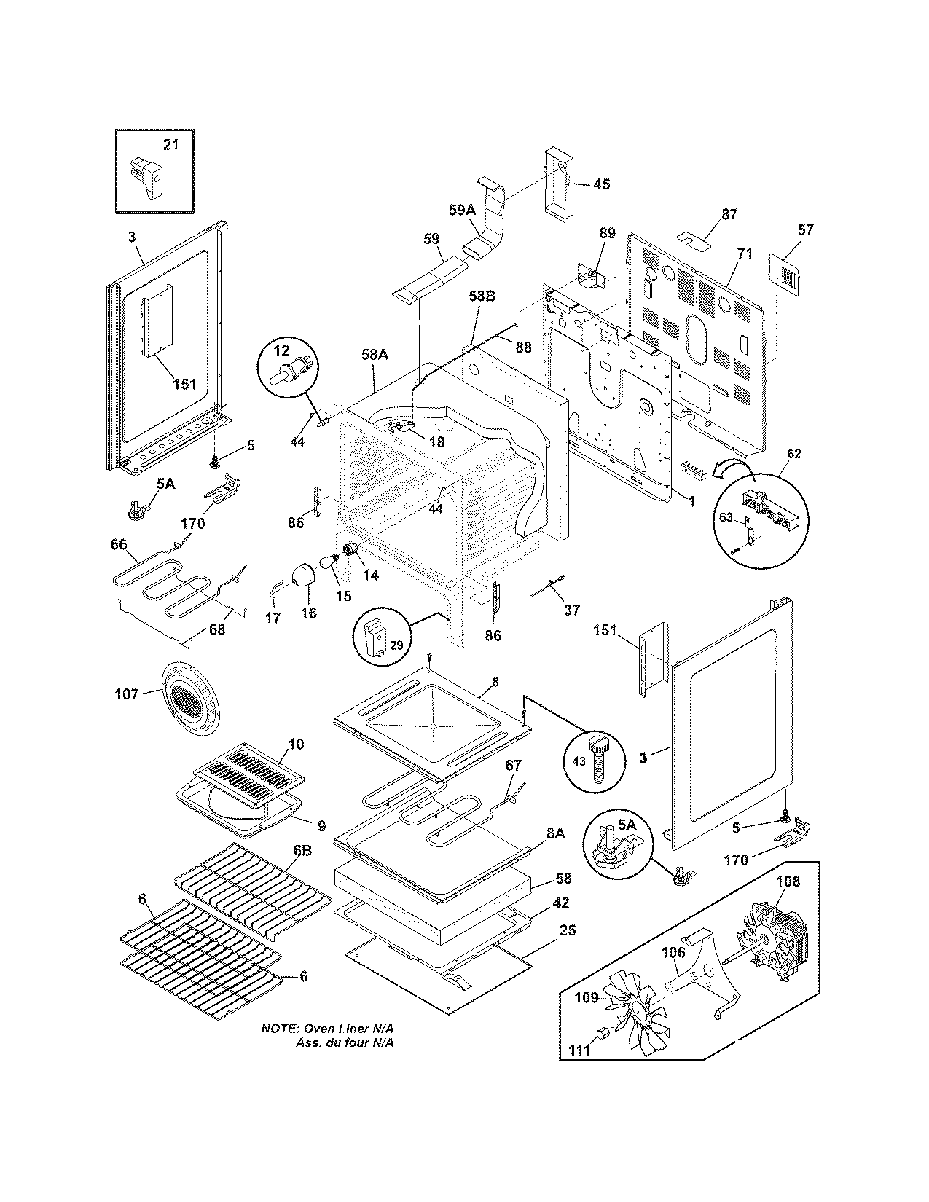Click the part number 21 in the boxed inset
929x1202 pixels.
pos(170,145)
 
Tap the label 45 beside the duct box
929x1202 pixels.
pos(600,184)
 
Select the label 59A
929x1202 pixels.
pos(461,211)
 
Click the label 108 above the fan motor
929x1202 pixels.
pos(787,881)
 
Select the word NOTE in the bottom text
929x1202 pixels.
pos(278,1029)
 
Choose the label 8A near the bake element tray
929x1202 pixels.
pos(554,833)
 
